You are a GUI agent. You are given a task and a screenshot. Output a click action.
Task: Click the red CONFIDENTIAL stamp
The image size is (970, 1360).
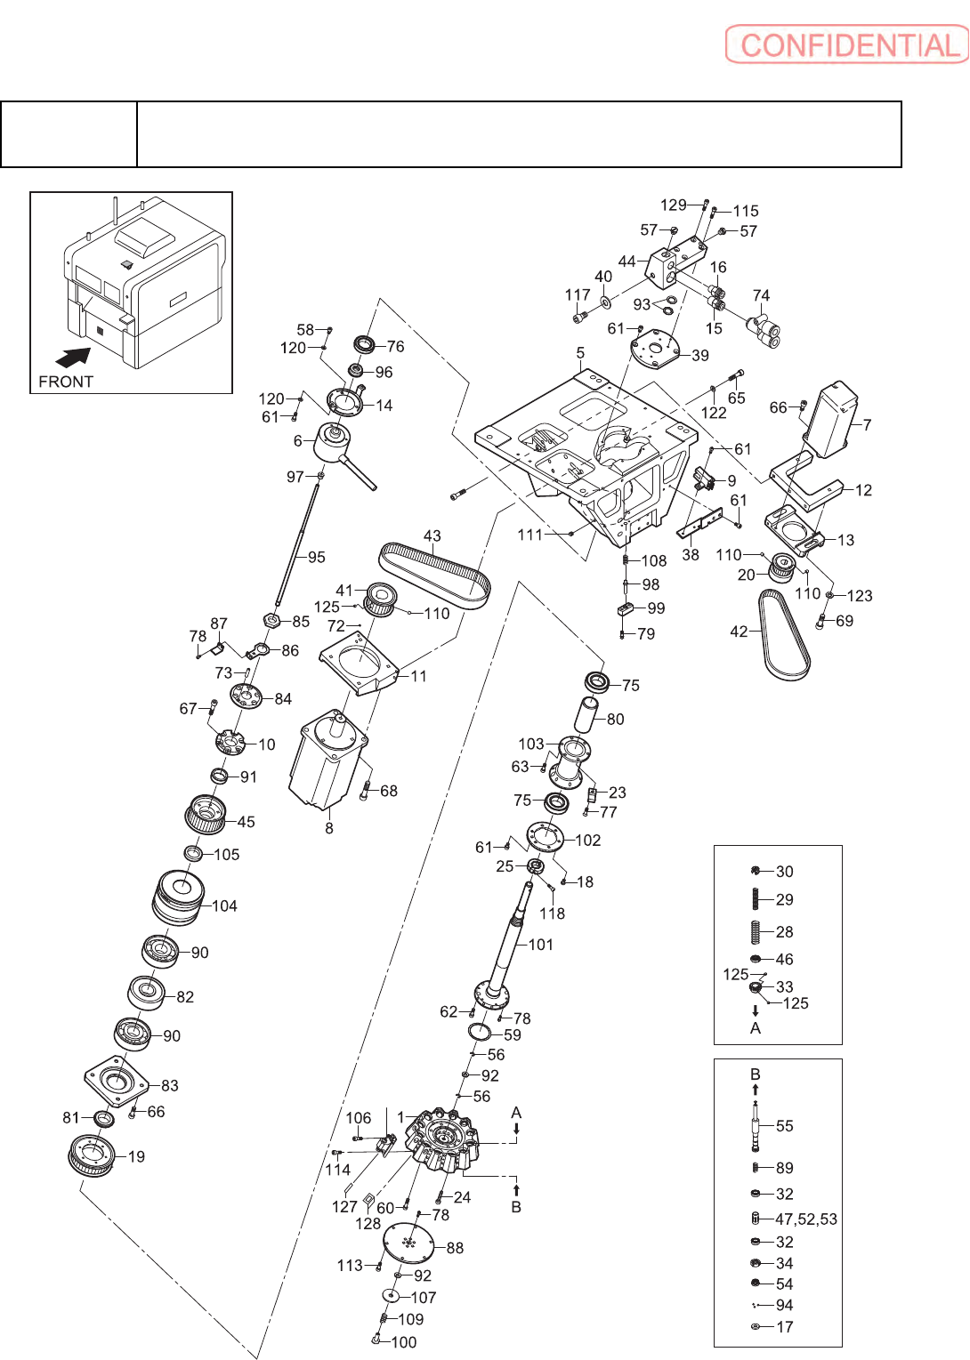(846, 44)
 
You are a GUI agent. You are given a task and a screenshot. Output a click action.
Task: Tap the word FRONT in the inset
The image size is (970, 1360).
(66, 382)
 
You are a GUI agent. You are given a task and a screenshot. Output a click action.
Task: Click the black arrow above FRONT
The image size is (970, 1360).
(74, 357)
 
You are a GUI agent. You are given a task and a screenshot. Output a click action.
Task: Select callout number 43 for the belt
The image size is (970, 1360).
(432, 536)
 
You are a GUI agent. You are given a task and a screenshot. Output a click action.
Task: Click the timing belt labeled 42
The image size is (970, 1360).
(784, 634)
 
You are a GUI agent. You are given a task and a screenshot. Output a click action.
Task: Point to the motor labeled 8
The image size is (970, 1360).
(328, 760)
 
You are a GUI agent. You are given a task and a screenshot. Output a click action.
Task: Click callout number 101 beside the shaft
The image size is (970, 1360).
(540, 945)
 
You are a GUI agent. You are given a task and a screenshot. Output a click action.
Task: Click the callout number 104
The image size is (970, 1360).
(224, 905)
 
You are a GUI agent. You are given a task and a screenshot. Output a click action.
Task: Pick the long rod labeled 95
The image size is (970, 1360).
(297, 540)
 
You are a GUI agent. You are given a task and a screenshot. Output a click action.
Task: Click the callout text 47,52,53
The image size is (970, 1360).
(806, 1219)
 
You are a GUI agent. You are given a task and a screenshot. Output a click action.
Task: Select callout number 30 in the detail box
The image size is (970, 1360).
(785, 872)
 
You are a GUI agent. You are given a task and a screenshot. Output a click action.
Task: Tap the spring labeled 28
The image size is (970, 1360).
(756, 932)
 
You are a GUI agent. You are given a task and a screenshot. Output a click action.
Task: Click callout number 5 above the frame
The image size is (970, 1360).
(580, 353)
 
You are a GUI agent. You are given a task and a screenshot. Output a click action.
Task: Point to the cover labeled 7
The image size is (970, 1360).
(831, 420)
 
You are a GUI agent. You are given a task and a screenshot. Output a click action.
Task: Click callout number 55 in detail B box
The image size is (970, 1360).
(785, 1126)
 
